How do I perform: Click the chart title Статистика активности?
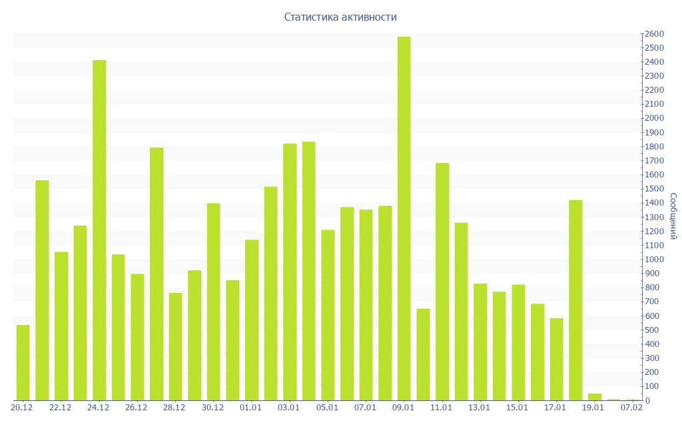340,17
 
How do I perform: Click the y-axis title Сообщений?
673,216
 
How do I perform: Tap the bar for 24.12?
99,230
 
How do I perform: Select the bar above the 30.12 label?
213,302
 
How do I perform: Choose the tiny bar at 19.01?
595,397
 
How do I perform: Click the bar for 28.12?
175,346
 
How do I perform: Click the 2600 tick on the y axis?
654,34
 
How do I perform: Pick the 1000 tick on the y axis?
654,260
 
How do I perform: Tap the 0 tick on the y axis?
648,400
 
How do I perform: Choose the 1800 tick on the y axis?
654,147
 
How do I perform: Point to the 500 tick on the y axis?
652,330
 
